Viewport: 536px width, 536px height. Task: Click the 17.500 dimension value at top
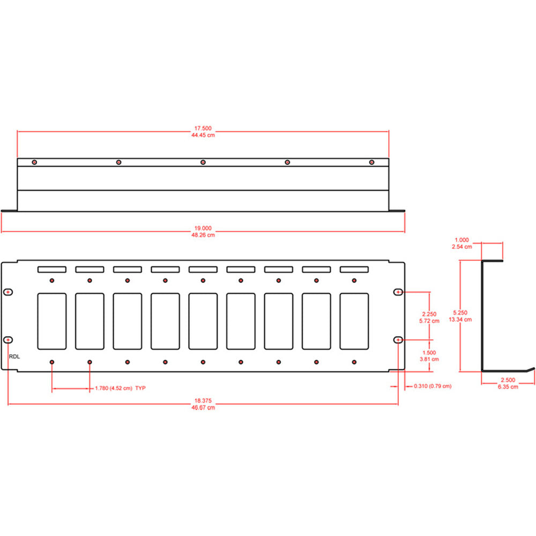tap(203, 128)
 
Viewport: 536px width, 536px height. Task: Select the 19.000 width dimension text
tap(203, 228)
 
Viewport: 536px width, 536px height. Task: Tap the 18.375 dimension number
tap(203, 401)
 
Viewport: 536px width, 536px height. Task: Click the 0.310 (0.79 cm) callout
tap(431, 386)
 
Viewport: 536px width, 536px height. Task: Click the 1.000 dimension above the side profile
tap(462, 240)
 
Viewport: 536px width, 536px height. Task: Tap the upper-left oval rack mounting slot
tap(9, 292)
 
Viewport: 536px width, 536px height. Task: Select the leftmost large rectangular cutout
tap(51, 321)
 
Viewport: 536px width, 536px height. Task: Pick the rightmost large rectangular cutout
tap(354, 321)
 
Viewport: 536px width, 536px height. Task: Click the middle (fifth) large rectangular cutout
tap(203, 321)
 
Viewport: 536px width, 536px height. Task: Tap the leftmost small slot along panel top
tap(51, 269)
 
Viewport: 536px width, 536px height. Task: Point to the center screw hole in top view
tap(203, 162)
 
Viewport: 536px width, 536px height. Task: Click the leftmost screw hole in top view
tap(34, 162)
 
